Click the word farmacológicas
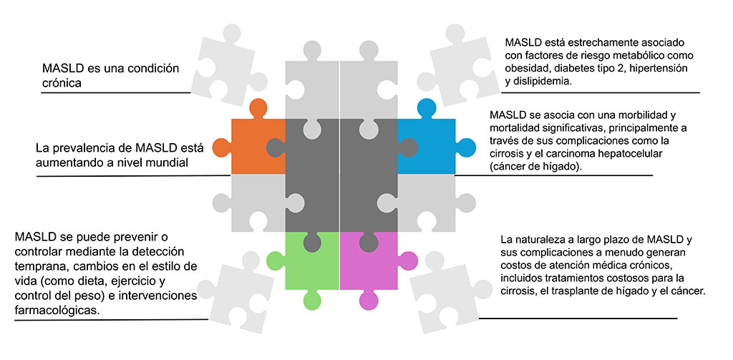[x=57, y=311]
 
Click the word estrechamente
[x=588, y=42]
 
